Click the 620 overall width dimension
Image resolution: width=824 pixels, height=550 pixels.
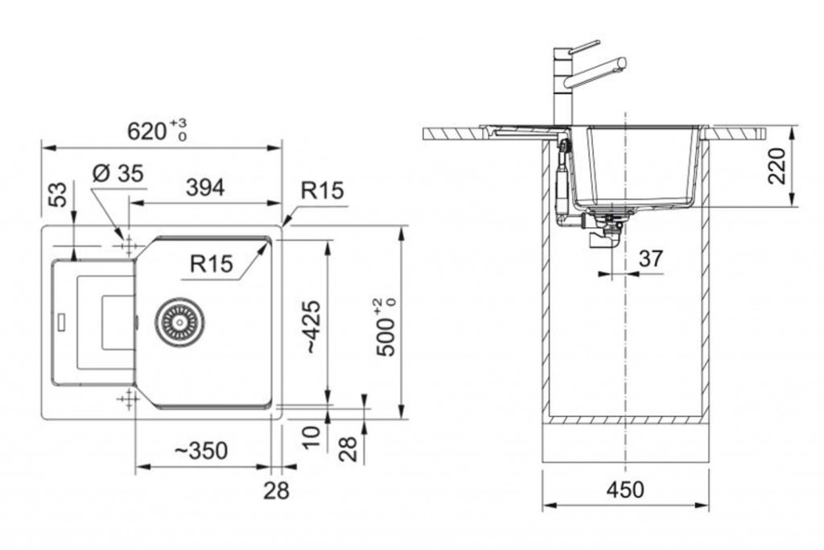tap(157, 130)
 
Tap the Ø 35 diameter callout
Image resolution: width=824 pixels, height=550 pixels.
tap(117, 173)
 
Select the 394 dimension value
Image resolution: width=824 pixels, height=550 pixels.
tap(205, 188)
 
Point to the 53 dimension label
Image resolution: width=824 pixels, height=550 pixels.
tap(60, 195)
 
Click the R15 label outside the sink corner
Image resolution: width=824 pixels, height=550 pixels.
tap(322, 190)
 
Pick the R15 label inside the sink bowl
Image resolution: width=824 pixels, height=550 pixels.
tap(212, 263)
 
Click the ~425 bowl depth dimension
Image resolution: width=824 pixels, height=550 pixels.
tap(311, 326)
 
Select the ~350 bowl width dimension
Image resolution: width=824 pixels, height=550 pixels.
tap(201, 451)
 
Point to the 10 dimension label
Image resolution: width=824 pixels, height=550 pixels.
tap(311, 436)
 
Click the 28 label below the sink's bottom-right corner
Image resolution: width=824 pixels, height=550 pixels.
tap(277, 490)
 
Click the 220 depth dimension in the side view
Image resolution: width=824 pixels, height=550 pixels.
tap(777, 166)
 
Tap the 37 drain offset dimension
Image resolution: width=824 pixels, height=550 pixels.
tap(650, 258)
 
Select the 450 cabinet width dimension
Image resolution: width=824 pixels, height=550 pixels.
tap(625, 490)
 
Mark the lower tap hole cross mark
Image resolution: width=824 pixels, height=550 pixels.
tap(128, 400)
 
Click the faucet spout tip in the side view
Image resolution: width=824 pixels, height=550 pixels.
tap(622, 63)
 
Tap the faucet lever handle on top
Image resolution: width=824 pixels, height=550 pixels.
tap(583, 47)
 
